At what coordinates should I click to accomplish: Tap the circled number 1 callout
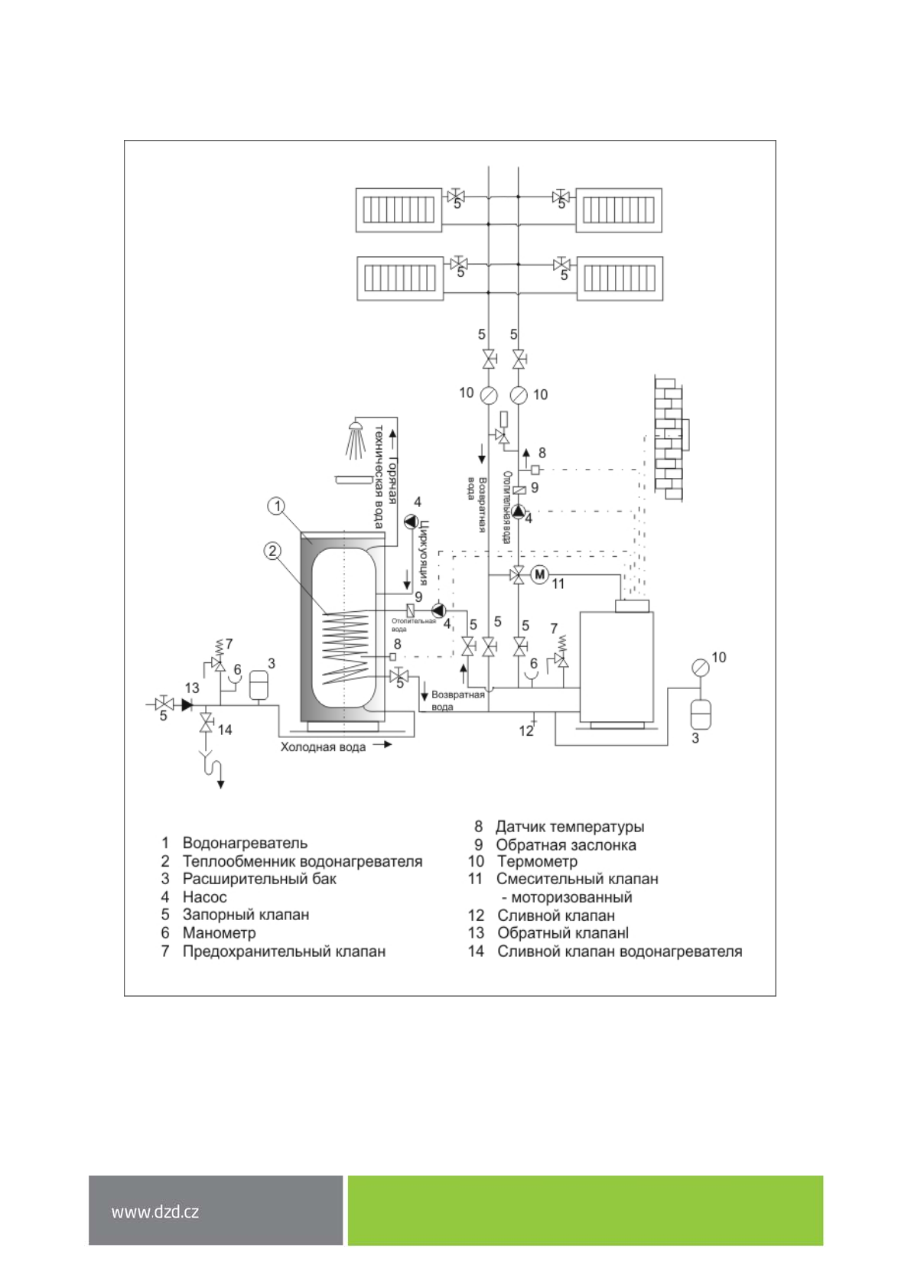[x=277, y=506]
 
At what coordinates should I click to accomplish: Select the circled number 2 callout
[x=272, y=551]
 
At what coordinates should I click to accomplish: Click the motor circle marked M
[x=539, y=574]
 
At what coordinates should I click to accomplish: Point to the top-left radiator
[x=399, y=210]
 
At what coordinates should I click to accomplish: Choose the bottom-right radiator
[x=620, y=278]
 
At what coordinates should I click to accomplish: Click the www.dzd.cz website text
[x=155, y=1212]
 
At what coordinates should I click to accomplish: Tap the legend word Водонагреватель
[x=245, y=843]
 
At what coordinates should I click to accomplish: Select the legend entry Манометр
[x=219, y=933]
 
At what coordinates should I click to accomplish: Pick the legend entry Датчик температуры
[x=570, y=827]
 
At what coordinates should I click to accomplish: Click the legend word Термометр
[x=538, y=861]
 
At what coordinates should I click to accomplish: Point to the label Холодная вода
[x=323, y=747]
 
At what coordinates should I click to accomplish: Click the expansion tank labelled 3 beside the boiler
[x=700, y=713]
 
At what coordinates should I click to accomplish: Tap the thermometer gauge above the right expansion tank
[x=700, y=667]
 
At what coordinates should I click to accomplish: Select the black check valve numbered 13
[x=187, y=704]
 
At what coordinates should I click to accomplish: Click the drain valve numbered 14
[x=206, y=723]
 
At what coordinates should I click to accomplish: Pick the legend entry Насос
[x=204, y=897]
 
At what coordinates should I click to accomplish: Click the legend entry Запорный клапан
[x=246, y=915]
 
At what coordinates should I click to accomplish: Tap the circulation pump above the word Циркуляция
[x=412, y=522]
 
